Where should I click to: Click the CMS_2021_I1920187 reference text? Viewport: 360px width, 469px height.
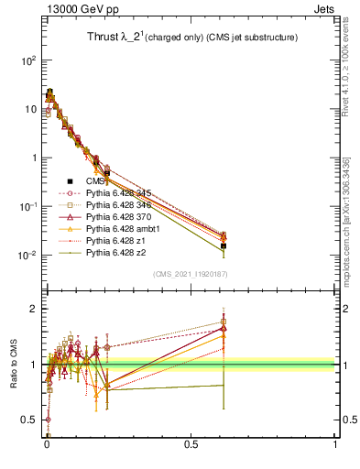(190, 274)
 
